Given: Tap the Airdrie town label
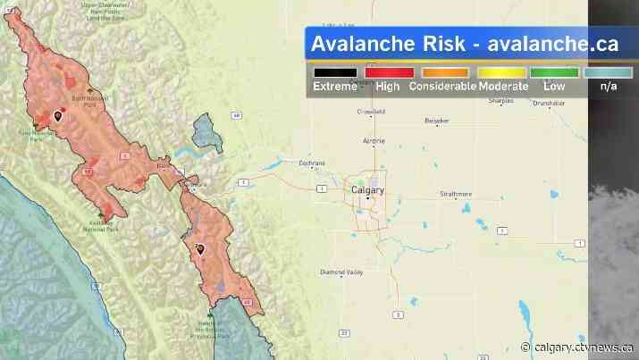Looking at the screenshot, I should [374, 141].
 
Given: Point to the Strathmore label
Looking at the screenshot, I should [456, 193].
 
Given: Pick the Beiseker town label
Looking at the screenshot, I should [437, 120].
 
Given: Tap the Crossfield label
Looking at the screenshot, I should [370, 112].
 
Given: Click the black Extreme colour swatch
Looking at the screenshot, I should [335, 72].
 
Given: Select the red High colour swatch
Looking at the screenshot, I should [388, 72].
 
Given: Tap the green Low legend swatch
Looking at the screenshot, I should [554, 72].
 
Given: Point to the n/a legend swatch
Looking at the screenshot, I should [609, 72].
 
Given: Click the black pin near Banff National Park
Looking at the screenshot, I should [59, 114].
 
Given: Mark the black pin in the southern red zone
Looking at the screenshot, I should [200, 249].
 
